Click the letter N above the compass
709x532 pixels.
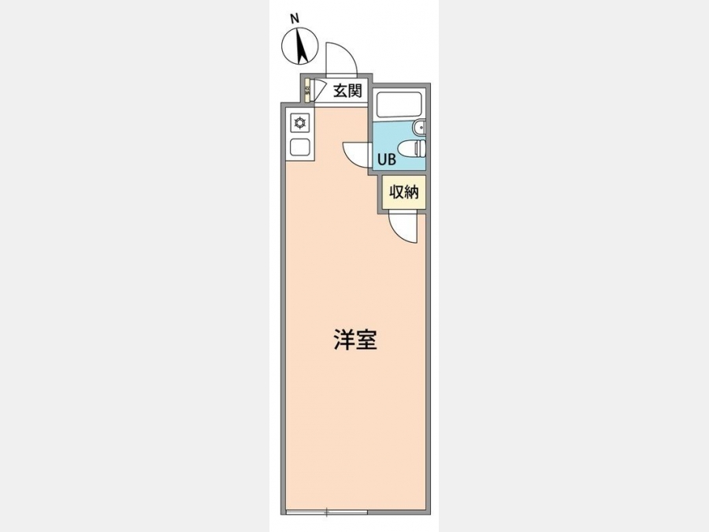click(295, 19)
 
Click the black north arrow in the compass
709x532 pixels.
click(301, 45)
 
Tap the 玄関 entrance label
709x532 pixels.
click(347, 91)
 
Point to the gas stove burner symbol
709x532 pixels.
click(299, 123)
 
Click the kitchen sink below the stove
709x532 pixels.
click(299, 147)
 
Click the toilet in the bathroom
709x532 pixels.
click(411, 148)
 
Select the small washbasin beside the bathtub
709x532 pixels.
click(420, 128)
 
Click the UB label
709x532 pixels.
click(387, 159)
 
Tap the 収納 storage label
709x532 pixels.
click(404, 192)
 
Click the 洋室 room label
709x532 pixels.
click(355, 340)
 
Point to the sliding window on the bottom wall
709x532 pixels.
click(326, 512)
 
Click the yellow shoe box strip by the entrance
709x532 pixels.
click(307, 91)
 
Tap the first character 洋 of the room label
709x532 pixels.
click(344, 340)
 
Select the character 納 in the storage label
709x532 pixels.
click(412, 192)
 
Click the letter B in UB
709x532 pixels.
click(392, 159)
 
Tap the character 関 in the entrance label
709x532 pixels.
click(355, 91)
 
